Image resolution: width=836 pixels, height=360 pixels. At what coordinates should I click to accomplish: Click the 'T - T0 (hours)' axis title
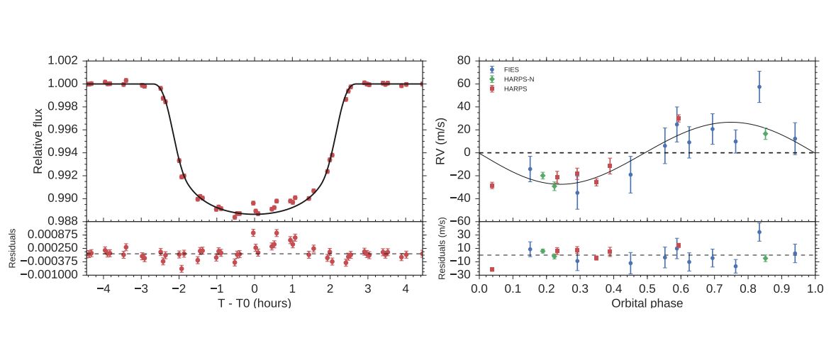(255, 303)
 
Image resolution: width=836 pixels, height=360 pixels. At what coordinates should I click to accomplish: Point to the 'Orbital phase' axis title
(647, 303)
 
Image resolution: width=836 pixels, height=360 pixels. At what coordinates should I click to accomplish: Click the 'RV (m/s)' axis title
(442, 141)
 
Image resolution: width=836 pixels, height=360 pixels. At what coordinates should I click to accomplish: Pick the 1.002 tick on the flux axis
(63, 61)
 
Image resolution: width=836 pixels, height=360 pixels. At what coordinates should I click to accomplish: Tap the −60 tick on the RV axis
(462, 221)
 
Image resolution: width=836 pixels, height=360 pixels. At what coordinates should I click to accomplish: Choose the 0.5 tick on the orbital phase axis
(647, 289)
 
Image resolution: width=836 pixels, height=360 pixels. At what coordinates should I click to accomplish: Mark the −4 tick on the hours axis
(104, 289)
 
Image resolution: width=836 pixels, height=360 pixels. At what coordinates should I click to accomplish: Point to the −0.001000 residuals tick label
(53, 274)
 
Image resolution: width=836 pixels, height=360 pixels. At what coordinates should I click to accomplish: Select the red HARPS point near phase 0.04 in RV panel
(491, 186)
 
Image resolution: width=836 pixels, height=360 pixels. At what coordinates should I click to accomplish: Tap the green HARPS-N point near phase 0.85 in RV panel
(765, 134)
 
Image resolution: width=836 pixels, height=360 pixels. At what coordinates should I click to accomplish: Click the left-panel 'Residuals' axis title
(13, 248)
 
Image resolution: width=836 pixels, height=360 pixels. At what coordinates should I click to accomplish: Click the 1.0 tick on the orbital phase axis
(815, 289)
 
